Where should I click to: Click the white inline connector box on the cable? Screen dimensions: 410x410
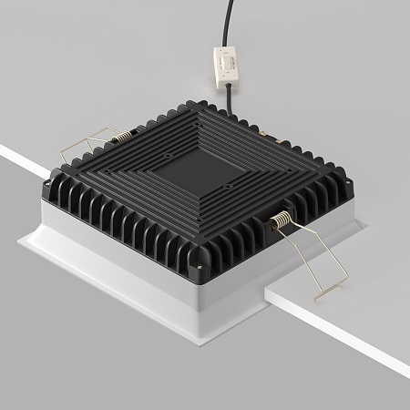226,65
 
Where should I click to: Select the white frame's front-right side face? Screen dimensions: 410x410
273,282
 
